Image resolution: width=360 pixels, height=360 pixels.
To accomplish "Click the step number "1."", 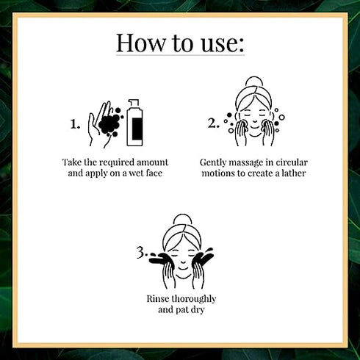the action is [x=75, y=124].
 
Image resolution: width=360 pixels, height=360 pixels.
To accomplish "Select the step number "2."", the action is [x=213, y=123].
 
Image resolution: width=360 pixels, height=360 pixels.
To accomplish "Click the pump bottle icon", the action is [x=134, y=123].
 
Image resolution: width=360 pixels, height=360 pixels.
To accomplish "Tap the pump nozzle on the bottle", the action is [x=134, y=104].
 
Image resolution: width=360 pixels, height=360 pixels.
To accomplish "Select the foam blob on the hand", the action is [x=109, y=123].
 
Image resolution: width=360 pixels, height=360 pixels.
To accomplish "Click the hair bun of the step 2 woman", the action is [x=254, y=82].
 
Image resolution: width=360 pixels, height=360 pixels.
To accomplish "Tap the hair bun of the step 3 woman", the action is [x=182, y=220].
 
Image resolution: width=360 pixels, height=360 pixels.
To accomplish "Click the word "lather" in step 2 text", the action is [x=293, y=173].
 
